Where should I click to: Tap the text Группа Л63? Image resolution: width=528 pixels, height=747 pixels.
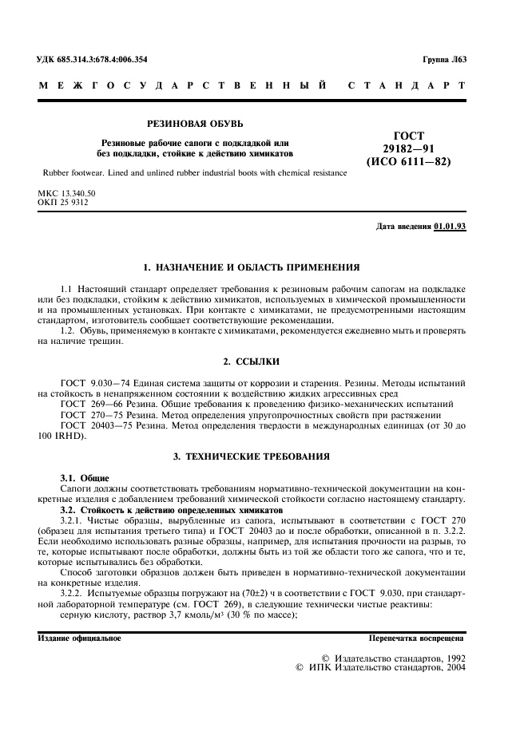click(x=443, y=60)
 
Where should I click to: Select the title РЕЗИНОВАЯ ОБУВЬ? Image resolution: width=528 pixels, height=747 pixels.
click(x=195, y=124)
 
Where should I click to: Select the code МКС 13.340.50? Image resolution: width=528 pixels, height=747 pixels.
click(x=66, y=194)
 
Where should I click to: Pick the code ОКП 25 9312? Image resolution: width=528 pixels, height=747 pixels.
click(x=63, y=203)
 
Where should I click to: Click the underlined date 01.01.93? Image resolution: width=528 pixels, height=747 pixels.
click(x=450, y=227)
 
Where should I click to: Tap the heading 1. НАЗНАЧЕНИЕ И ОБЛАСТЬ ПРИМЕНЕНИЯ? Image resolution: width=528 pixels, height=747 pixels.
click(x=250, y=267)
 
